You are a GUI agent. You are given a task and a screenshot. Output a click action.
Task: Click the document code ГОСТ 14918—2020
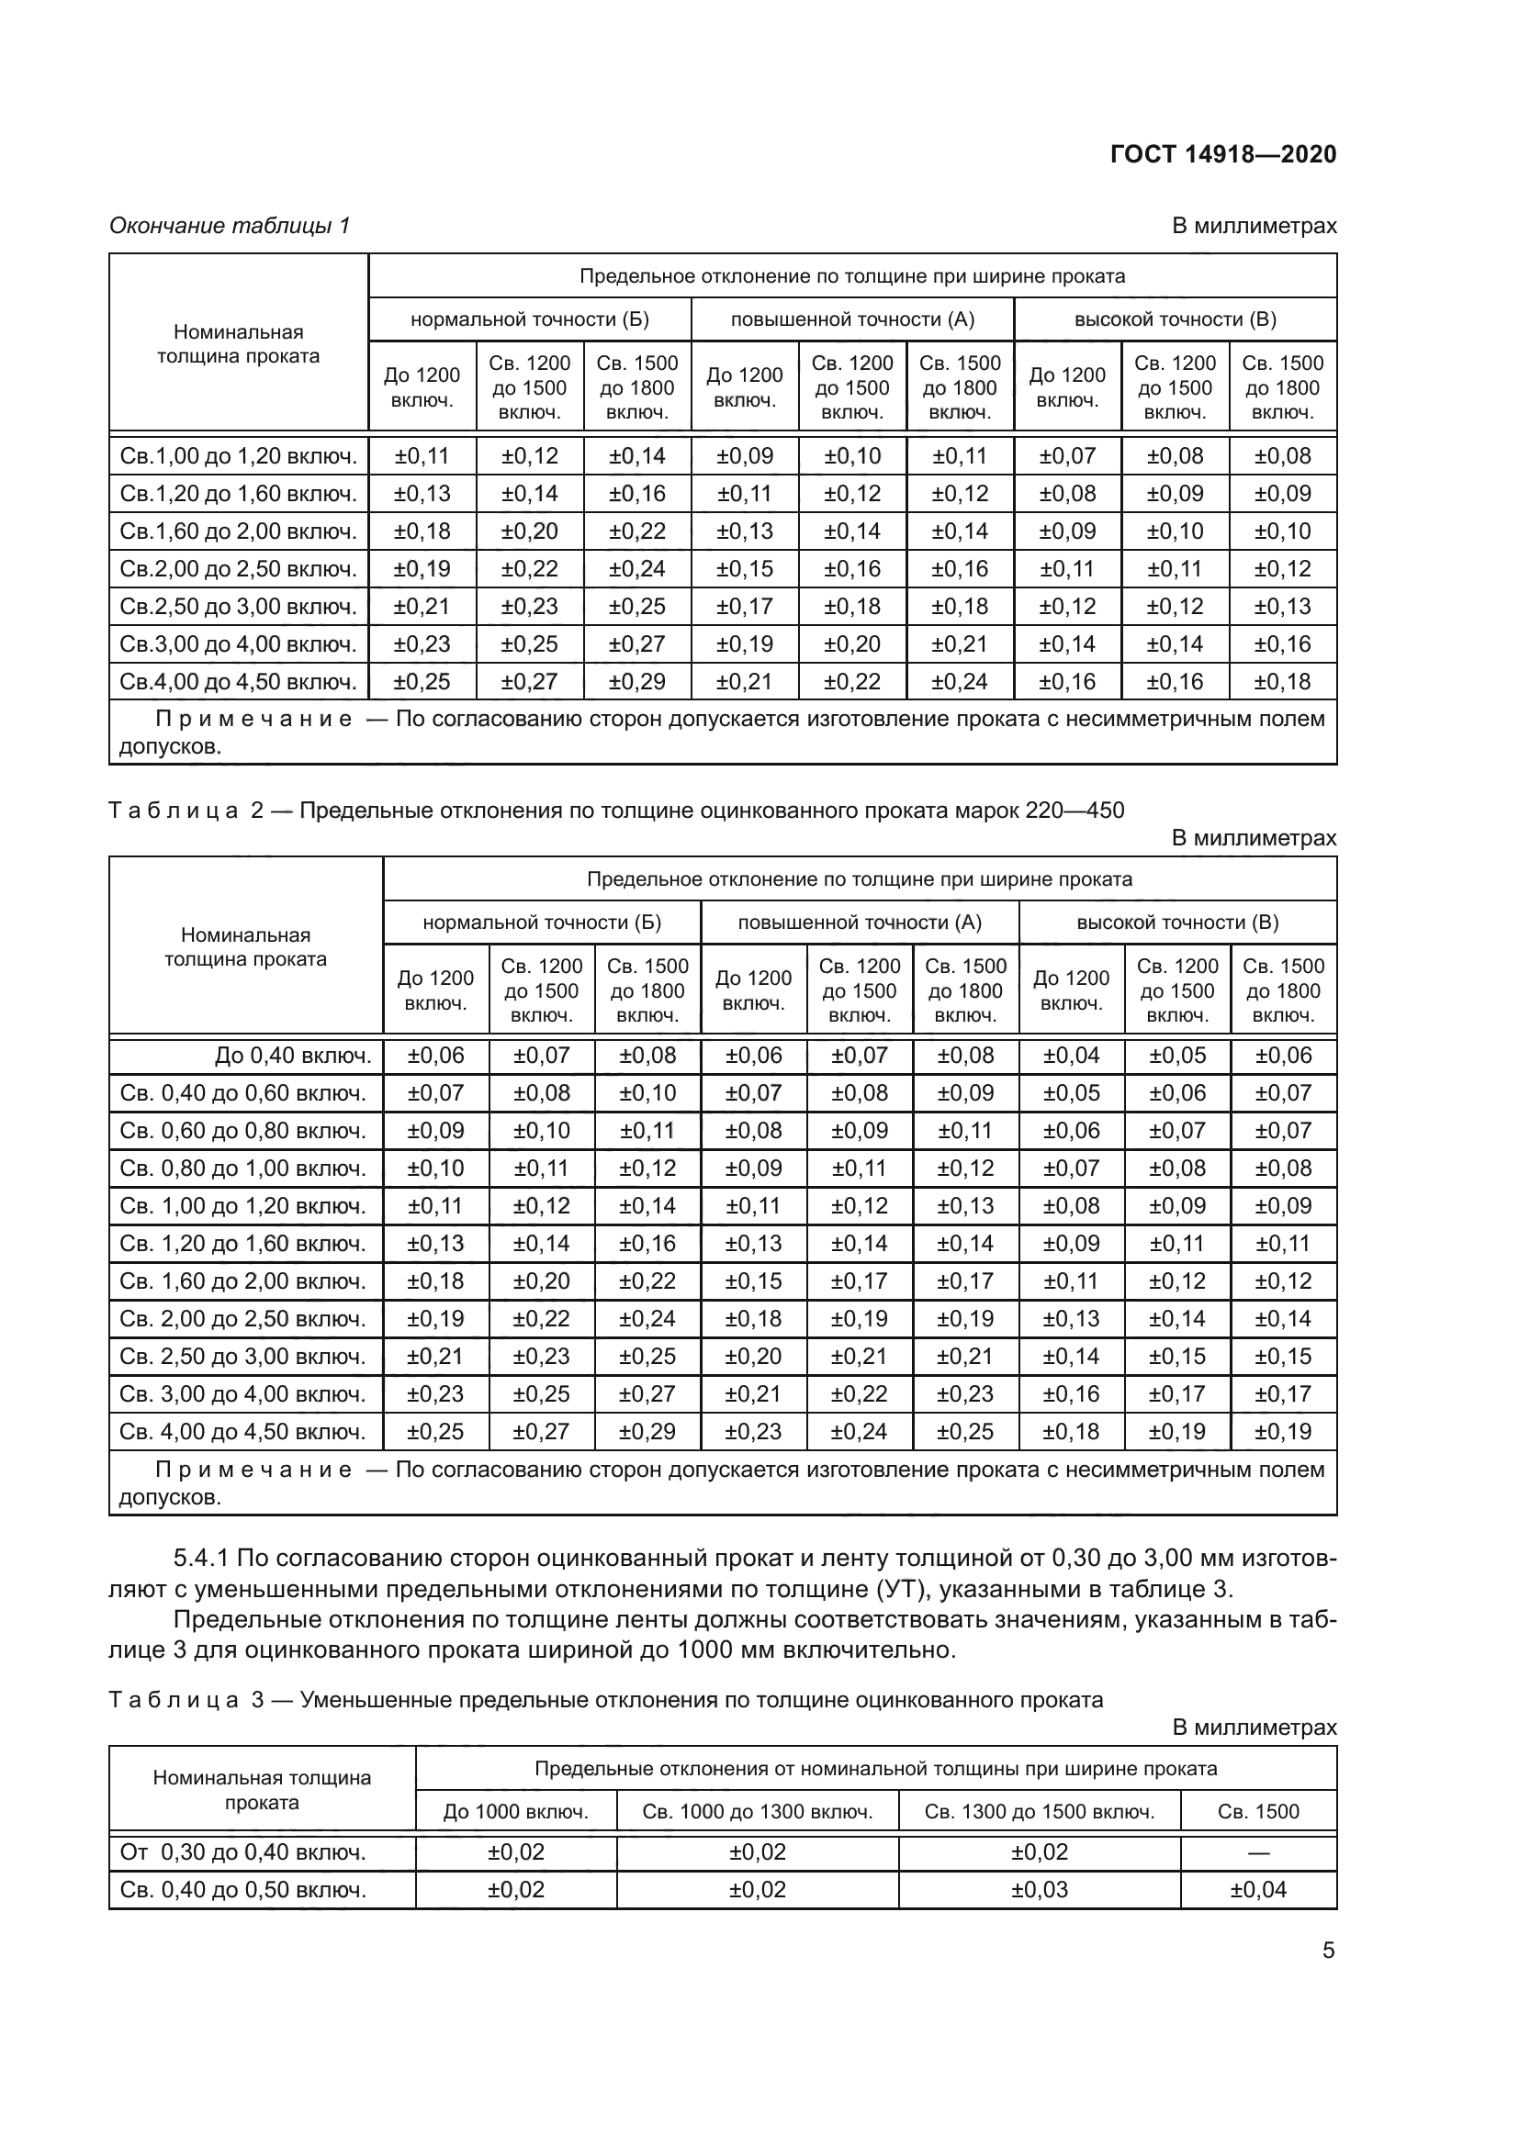[1222, 154]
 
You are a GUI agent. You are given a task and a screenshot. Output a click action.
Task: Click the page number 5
[1328, 1951]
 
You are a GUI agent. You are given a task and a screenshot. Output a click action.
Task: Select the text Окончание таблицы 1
[230, 226]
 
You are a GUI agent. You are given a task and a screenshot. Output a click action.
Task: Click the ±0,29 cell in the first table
[637, 682]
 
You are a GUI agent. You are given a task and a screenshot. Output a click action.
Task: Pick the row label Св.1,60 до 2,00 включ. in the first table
[239, 532]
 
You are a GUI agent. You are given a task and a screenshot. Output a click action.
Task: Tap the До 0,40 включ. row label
[293, 1056]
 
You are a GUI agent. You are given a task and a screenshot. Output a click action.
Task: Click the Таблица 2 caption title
[616, 811]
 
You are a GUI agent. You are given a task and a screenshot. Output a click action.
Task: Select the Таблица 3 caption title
[605, 1700]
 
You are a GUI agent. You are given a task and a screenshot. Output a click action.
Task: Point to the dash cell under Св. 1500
[1258, 1852]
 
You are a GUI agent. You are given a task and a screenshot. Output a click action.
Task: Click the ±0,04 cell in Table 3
[1258, 1890]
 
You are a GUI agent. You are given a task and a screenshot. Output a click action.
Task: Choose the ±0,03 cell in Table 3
[1040, 1890]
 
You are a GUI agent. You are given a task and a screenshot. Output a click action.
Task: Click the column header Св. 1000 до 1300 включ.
[757, 1812]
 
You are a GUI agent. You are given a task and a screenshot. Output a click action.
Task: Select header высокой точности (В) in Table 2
[1176, 923]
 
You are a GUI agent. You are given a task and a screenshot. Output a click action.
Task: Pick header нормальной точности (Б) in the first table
[529, 319]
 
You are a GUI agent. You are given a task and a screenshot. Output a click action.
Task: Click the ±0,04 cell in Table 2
[1071, 1056]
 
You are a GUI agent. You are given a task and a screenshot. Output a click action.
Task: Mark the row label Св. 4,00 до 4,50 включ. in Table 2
[242, 1432]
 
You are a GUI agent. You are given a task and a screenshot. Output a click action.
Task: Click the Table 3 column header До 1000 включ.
[515, 1812]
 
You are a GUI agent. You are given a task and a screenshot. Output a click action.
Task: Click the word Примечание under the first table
[253, 720]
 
